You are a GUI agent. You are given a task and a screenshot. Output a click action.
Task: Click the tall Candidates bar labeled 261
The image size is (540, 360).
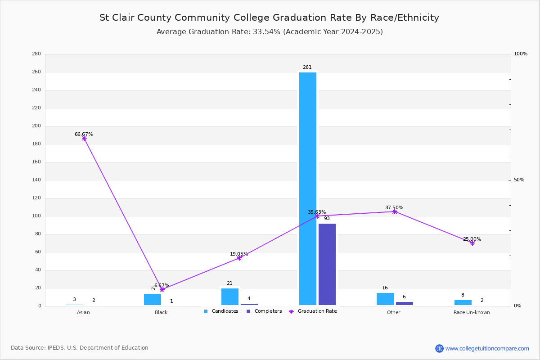(x=308, y=189)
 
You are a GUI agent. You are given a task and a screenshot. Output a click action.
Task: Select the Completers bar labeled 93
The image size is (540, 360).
(x=327, y=264)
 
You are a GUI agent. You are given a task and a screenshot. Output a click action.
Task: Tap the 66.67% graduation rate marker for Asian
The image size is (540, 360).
(x=84, y=139)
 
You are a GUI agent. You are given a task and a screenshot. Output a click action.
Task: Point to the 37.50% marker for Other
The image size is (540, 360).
(x=395, y=211)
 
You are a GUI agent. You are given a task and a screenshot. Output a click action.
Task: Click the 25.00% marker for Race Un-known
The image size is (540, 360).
(x=472, y=243)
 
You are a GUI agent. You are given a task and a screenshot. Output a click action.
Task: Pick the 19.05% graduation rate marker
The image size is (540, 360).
(x=239, y=258)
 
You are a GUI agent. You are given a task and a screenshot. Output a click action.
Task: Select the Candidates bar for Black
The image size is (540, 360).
(x=153, y=300)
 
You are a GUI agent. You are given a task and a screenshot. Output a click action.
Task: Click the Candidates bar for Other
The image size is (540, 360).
(x=385, y=299)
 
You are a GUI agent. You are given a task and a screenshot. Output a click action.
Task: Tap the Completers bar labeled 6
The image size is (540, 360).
(x=405, y=304)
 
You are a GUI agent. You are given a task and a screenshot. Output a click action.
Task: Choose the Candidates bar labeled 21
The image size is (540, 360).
(x=230, y=297)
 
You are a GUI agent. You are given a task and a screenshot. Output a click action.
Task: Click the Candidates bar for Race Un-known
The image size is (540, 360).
(x=463, y=303)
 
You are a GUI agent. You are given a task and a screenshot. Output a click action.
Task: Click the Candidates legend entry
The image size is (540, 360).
(x=221, y=311)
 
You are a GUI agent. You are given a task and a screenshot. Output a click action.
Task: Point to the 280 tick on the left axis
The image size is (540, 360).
(x=36, y=54)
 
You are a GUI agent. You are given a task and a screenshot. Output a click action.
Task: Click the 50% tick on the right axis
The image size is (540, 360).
(x=519, y=180)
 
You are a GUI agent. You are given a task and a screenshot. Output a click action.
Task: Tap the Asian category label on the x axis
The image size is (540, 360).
(x=83, y=312)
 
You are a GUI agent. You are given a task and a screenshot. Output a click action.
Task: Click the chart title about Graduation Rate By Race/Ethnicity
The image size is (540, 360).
(x=269, y=18)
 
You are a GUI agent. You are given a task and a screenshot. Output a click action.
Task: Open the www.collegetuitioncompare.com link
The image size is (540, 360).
(x=487, y=348)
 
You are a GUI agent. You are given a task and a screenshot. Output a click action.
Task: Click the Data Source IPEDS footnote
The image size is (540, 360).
(x=80, y=348)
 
